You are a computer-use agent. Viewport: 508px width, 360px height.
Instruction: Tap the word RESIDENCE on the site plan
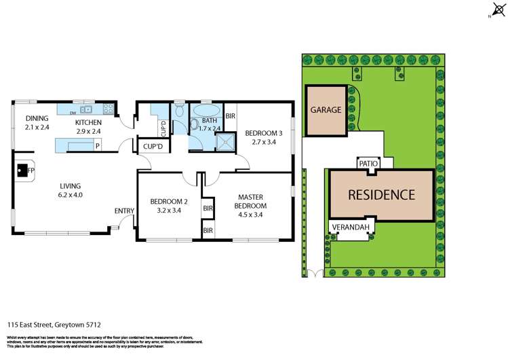380,195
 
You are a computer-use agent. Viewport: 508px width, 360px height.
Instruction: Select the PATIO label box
367,163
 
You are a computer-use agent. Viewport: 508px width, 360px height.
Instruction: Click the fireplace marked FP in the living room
24,170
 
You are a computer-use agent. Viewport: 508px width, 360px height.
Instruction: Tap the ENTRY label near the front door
124,211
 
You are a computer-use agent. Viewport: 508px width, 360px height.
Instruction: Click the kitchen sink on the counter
86,109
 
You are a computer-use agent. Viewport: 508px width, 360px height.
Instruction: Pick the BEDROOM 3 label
260,138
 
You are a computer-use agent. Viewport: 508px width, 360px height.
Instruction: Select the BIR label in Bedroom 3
230,116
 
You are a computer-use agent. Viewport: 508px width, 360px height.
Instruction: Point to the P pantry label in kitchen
98,145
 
